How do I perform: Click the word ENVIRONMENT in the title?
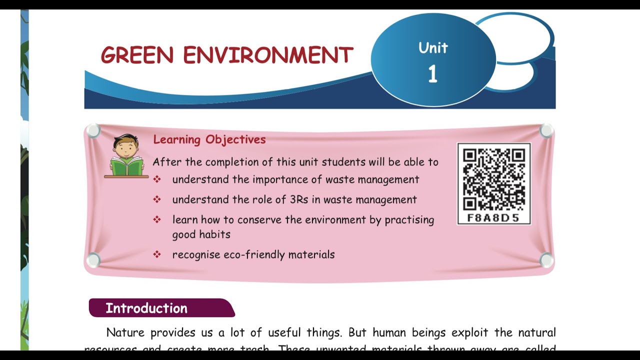point(268,55)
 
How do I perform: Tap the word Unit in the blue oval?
point(433,48)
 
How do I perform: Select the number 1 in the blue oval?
point(432,74)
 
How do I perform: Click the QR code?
point(493,179)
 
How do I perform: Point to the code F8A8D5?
point(493,218)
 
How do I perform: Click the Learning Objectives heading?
point(209,139)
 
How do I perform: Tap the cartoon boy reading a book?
point(126,156)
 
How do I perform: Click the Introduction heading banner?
point(161,308)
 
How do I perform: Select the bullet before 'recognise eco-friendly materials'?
point(157,254)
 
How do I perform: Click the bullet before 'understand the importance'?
point(157,179)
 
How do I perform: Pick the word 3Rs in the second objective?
point(299,199)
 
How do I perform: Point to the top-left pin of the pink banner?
point(93,131)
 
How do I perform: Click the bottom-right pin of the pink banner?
point(546,259)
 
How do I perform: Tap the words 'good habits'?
point(201,234)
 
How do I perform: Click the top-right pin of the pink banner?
point(546,131)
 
